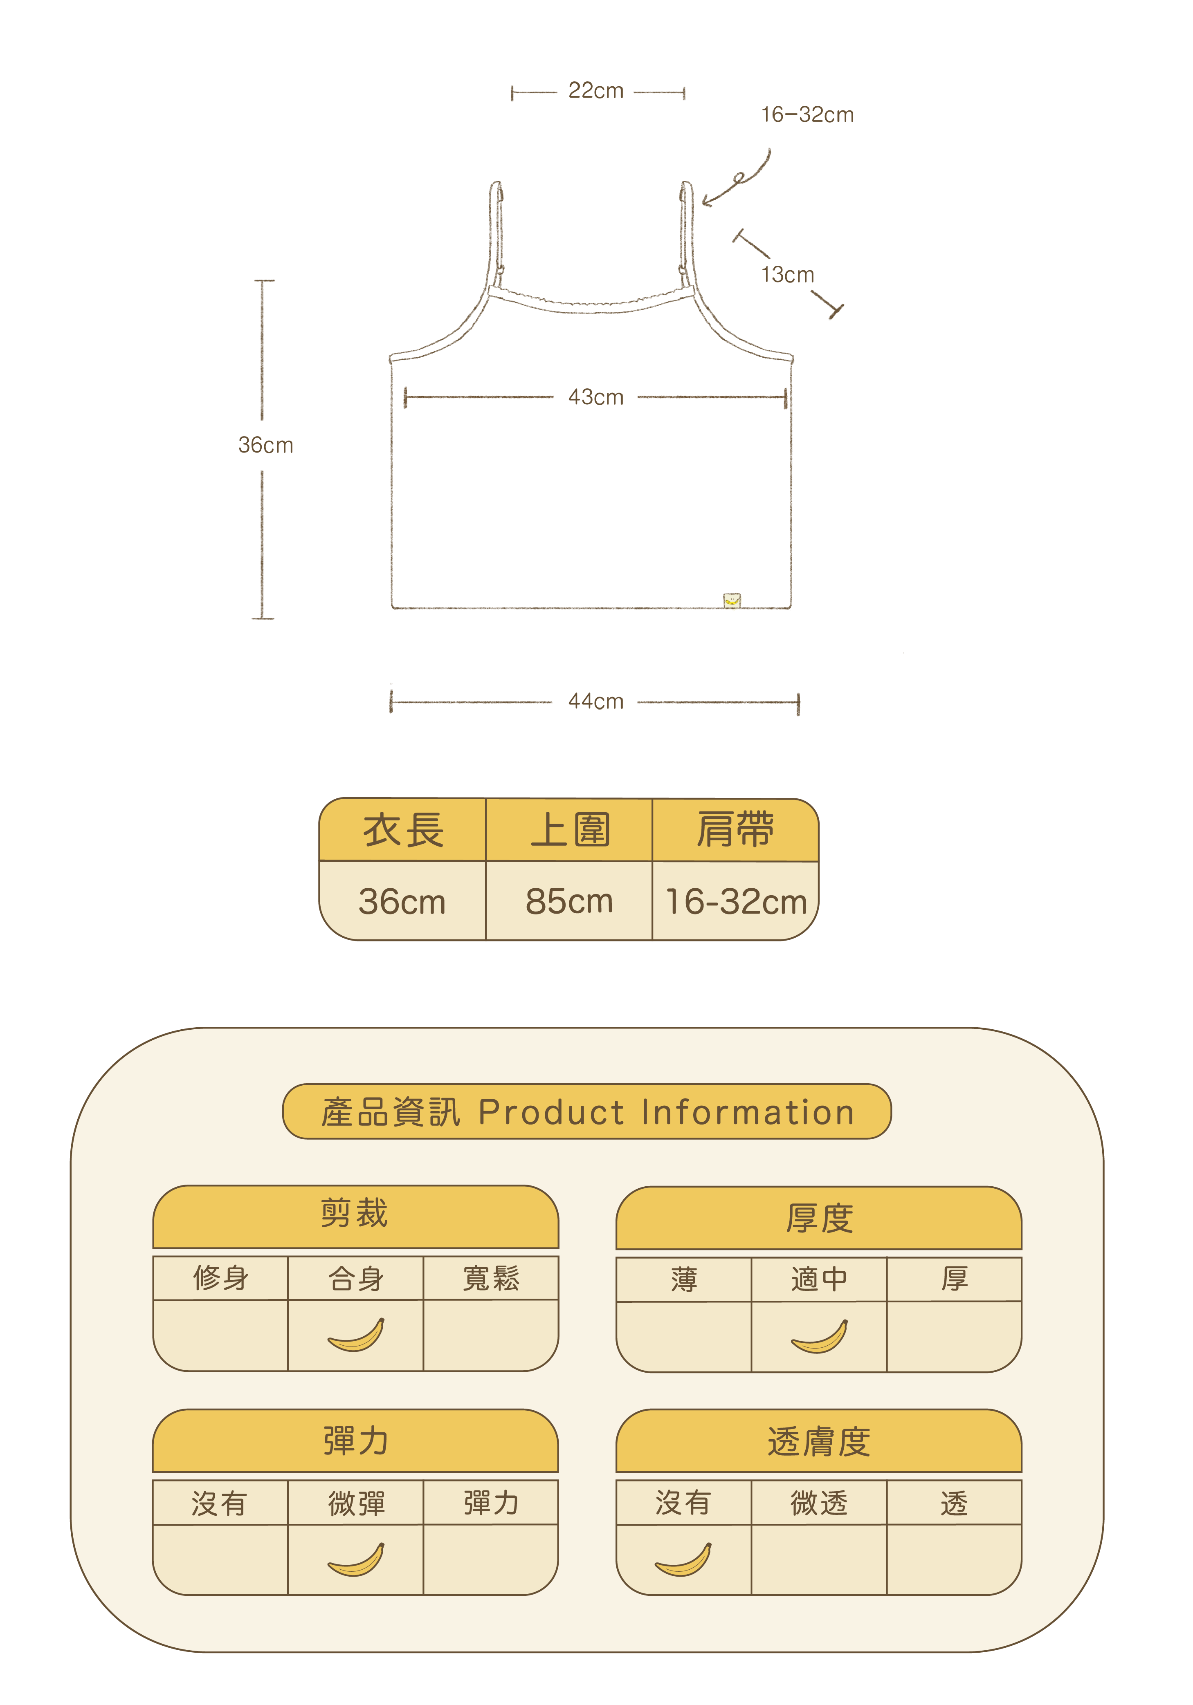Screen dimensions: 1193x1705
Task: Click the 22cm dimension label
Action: [x=596, y=91]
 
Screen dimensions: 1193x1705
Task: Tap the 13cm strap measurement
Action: [x=787, y=275]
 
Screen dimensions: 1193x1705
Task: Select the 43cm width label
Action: [x=596, y=397]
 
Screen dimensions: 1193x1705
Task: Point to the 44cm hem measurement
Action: [x=596, y=702]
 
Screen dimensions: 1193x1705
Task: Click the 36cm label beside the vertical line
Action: [x=265, y=446]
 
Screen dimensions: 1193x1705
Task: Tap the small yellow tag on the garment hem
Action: [x=732, y=600]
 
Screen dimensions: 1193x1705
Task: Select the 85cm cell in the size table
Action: [x=569, y=901]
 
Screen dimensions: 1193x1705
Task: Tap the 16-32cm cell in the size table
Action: [x=735, y=901]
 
